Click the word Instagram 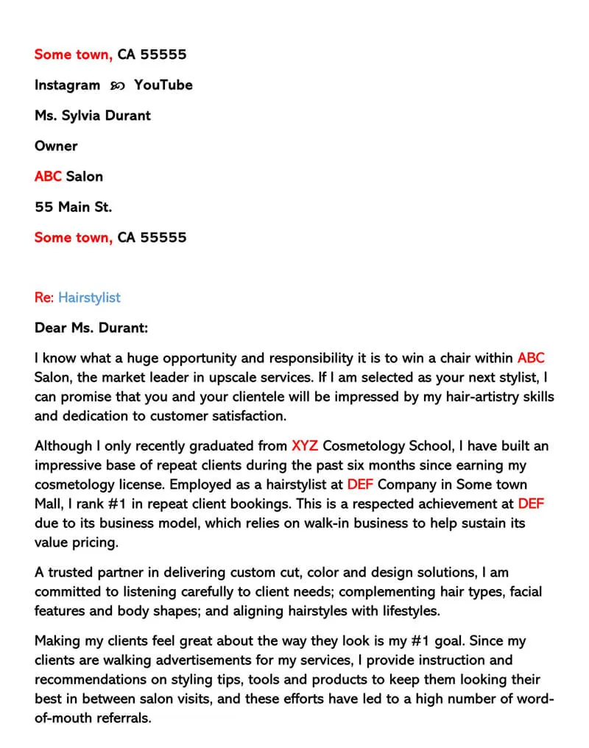click(67, 85)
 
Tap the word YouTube click(163, 85)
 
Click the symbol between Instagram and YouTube click(117, 86)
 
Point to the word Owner click(56, 146)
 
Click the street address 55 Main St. click(73, 207)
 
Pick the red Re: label click(44, 297)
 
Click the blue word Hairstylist click(89, 297)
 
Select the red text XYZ click(306, 446)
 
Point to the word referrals click(117, 718)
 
